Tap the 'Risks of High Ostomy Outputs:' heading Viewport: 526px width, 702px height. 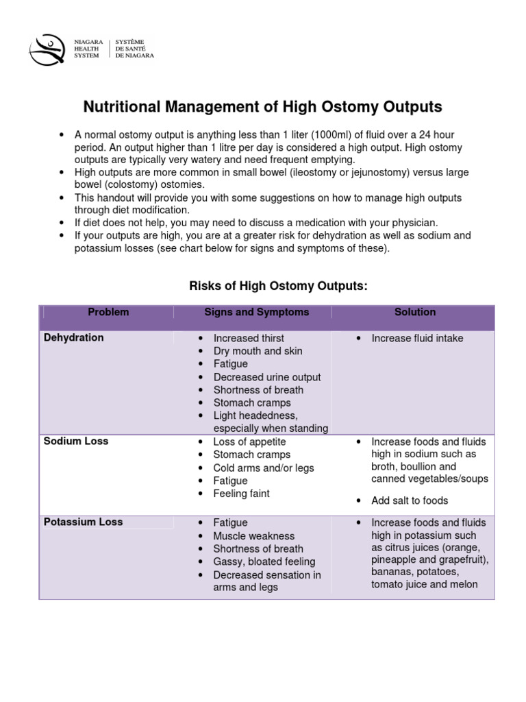pos(278,286)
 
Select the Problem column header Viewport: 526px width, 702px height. pos(108,312)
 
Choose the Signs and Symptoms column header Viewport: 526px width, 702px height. pos(256,312)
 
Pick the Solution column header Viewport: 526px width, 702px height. pos(414,312)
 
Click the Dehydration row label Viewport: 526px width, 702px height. pos(74,337)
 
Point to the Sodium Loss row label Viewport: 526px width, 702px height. pos(76,441)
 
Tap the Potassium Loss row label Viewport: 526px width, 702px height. pos(83,522)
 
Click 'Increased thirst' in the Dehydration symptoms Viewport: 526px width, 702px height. pos(248,338)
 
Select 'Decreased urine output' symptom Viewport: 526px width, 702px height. pos(266,377)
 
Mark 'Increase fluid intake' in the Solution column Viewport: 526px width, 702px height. pos(417,338)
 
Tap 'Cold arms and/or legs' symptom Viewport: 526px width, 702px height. pos(264,468)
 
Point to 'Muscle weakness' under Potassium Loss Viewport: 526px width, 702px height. pos(253,536)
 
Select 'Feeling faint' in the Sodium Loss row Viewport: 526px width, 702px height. pos(241,494)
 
